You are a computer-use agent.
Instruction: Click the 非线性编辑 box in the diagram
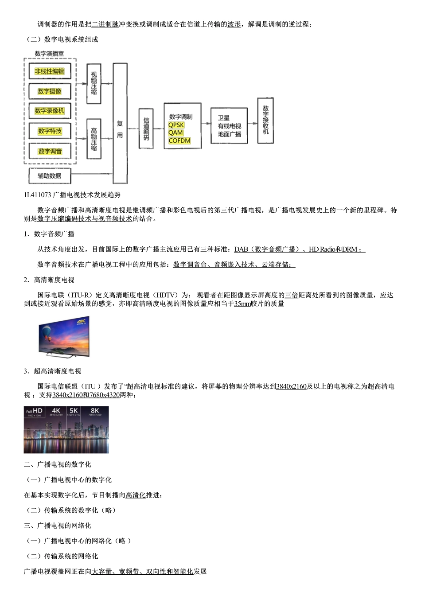coord(50,71)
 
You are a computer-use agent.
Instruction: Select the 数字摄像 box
coord(50,91)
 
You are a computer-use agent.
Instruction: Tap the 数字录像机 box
coord(50,111)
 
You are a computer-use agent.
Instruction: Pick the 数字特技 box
coord(50,131)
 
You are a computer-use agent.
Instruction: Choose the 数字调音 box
coord(50,151)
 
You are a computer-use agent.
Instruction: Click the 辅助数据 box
coord(49,175)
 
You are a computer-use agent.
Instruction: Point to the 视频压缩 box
coord(94,83)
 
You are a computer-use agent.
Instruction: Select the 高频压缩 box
coord(94,139)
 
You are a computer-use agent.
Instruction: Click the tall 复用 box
coord(120,123)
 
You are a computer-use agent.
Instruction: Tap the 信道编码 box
coord(146,129)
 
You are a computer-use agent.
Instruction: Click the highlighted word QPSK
coord(176,125)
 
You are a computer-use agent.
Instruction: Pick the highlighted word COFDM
coord(179,141)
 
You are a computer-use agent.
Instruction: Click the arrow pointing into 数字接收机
coord(252,123)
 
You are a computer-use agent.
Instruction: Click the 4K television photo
coord(65,336)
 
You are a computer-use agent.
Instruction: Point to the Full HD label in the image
coord(34,412)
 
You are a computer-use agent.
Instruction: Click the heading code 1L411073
coord(38,195)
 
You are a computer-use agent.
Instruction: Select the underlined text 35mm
coord(242,304)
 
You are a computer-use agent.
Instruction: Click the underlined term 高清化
coord(136,495)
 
